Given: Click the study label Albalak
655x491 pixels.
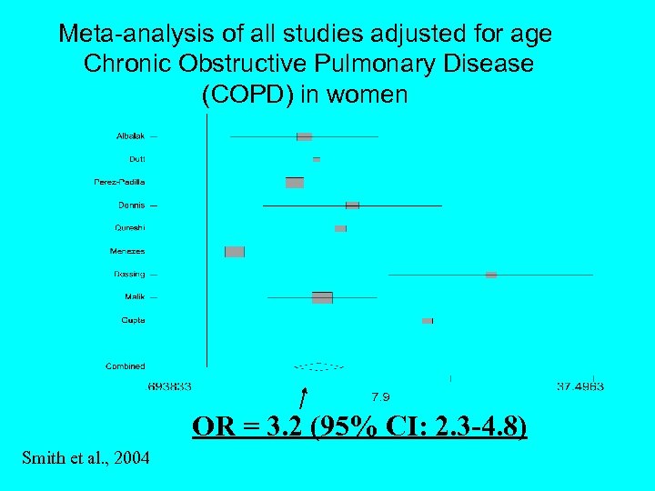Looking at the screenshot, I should point(130,136).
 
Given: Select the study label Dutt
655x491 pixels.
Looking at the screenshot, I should point(136,159).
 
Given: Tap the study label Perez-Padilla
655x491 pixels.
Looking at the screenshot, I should point(119,182).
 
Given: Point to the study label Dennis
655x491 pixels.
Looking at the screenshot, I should point(131,205).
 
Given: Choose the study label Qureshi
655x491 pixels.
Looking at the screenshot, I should point(129,227).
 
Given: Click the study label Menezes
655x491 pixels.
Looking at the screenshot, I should point(127,251).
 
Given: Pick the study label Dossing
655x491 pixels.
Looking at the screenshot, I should point(129,274).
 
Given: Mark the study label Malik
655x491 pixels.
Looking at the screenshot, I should point(134,296).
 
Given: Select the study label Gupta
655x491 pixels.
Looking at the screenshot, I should point(133,320).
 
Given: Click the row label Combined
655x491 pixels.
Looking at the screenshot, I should point(125,366).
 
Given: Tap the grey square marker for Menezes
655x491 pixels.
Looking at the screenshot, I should point(235,252).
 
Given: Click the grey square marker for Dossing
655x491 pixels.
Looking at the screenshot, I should point(491,275).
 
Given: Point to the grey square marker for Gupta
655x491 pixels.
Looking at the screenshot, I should point(428,321).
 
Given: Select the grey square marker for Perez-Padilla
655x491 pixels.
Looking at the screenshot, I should point(295,183).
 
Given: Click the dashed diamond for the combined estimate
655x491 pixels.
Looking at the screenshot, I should point(318,366).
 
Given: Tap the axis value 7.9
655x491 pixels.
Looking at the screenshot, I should point(381,396).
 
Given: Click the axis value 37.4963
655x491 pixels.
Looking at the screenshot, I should point(579,386).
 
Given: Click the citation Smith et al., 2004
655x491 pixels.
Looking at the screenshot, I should point(86,455).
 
